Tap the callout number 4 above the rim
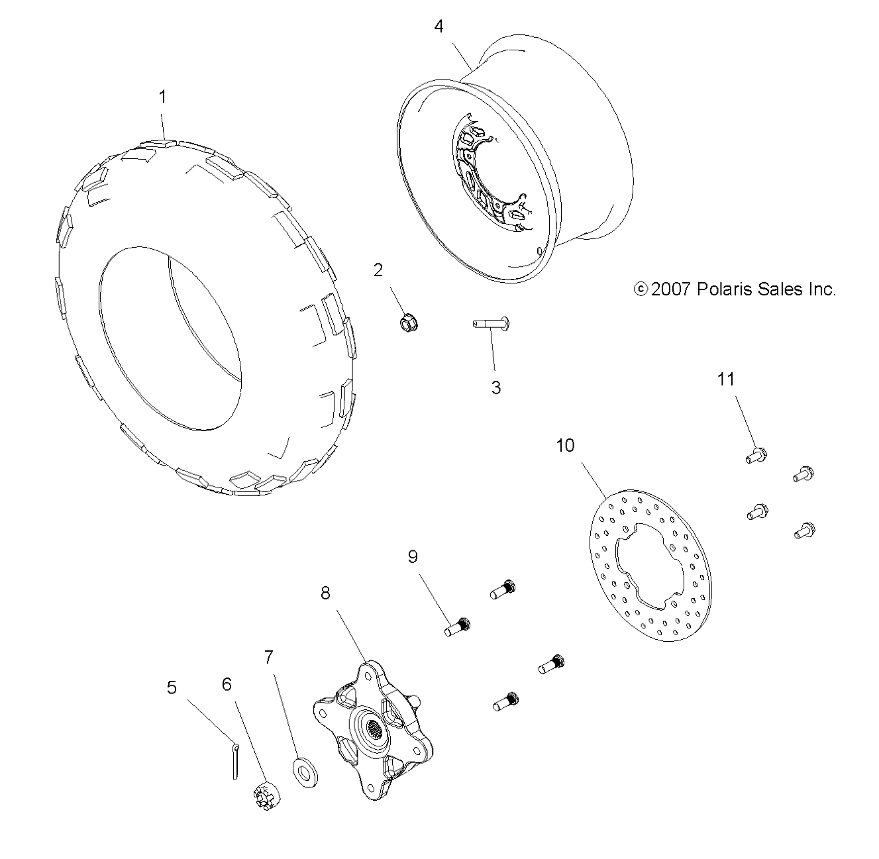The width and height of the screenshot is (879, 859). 439,26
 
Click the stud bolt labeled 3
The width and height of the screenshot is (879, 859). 491,323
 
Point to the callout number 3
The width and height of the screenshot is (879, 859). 496,387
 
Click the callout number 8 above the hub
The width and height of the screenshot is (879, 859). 325,593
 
